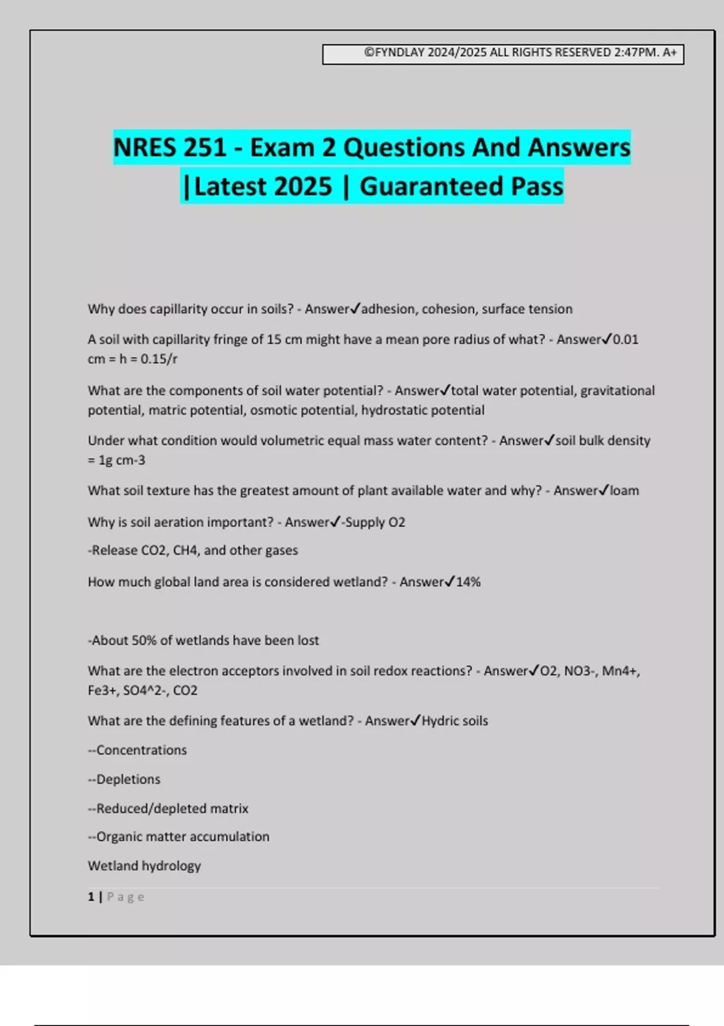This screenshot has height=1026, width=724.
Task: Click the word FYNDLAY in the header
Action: point(399,53)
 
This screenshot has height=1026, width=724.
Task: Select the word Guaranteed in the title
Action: point(431,186)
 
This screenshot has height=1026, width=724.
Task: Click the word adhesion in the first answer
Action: point(388,309)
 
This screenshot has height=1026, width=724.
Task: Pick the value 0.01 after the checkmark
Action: point(626,340)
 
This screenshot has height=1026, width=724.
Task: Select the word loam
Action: point(624,491)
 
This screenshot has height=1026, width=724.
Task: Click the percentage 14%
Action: point(468,582)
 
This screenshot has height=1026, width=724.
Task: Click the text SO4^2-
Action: point(144,690)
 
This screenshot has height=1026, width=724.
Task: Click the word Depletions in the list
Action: point(128,779)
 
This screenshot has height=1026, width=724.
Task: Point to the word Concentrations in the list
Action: point(141,750)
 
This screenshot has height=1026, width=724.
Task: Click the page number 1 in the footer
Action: point(91,897)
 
